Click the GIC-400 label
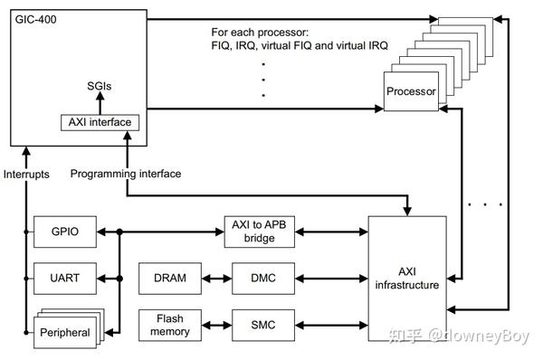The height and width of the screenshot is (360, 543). [x=33, y=18]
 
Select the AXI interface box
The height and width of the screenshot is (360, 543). [x=100, y=121]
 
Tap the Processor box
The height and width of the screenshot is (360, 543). [x=411, y=92]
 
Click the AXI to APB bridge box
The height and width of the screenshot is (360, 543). [x=262, y=232]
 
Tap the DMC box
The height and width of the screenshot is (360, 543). [x=262, y=278]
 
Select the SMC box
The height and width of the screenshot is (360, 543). [x=262, y=324]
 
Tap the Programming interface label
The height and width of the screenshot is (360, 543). [x=125, y=173]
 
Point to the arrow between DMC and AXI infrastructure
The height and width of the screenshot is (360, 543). [x=331, y=278]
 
